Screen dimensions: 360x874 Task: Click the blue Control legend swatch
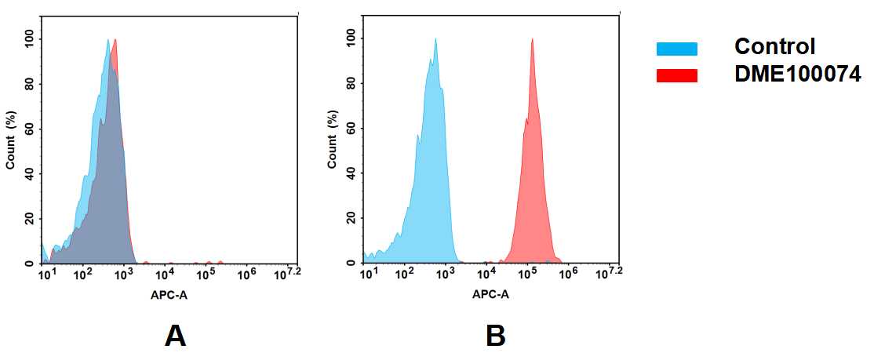pos(676,49)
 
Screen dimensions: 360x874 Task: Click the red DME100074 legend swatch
pos(676,75)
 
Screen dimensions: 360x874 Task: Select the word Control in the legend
pos(774,47)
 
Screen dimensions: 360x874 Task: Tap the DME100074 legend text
pos(797,75)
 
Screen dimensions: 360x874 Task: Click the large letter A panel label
pos(175,336)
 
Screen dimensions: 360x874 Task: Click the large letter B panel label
pos(495,336)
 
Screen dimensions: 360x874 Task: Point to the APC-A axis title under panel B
pos(490,295)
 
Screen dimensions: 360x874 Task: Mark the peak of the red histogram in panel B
pos(532,39)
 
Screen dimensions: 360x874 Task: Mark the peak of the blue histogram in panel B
pos(435,39)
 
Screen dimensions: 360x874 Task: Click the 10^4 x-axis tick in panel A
pos(164,274)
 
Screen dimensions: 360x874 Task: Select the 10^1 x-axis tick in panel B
pos(366,274)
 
